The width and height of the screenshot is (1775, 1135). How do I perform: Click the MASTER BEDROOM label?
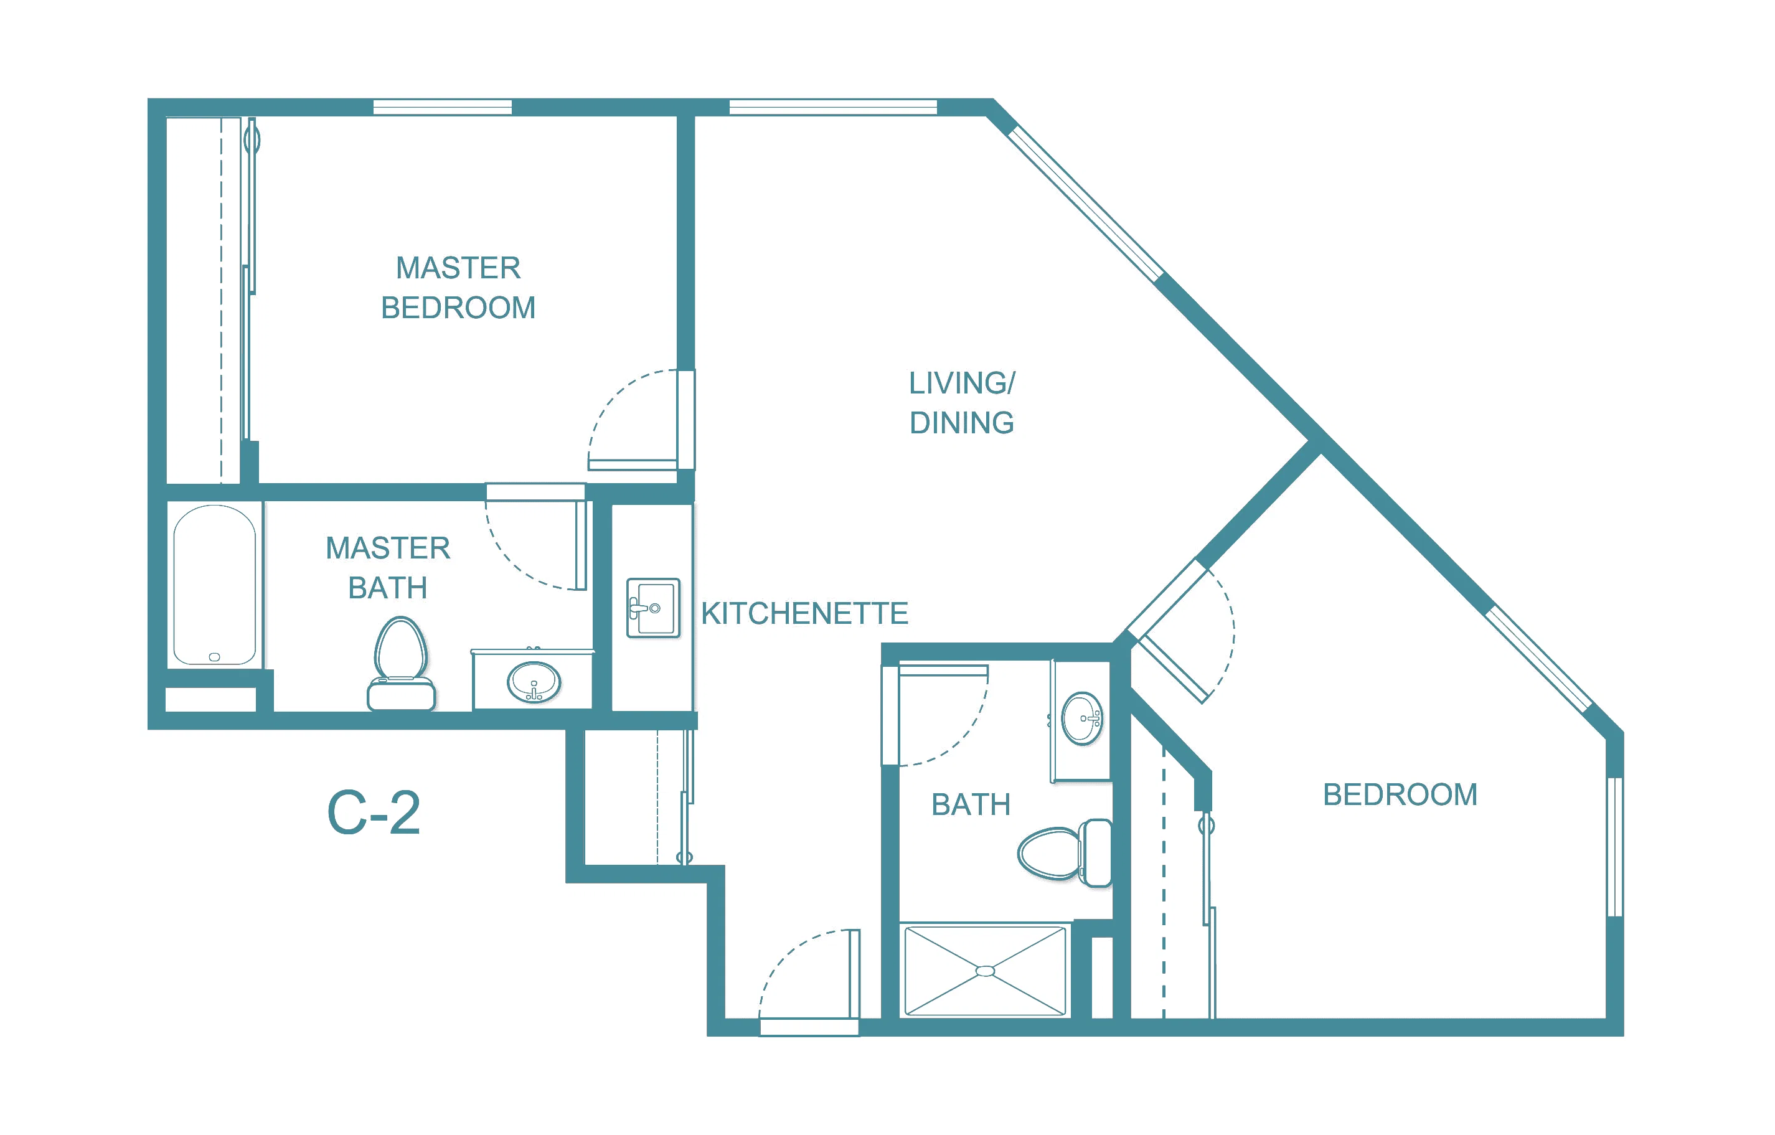(458, 288)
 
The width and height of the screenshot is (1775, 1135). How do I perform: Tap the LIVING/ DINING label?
(961, 402)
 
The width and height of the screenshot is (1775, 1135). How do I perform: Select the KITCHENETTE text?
(804, 613)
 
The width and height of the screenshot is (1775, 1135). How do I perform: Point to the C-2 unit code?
(374, 813)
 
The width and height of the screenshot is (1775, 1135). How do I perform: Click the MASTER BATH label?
(388, 568)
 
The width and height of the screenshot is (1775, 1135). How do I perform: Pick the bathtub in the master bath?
(215, 585)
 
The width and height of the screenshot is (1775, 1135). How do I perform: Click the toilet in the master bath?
(401, 664)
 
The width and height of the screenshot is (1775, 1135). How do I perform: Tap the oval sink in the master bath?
(534, 682)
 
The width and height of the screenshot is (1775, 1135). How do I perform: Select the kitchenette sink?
(653, 608)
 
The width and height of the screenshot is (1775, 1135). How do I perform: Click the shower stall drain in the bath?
(985, 971)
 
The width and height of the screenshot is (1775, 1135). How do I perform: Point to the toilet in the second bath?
(1065, 853)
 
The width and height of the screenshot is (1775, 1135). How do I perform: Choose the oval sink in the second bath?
(1082, 718)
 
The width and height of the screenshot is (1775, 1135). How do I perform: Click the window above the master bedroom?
(442, 108)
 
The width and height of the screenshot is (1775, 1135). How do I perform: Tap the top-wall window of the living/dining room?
(833, 108)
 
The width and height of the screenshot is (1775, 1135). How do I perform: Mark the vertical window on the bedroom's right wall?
(1614, 847)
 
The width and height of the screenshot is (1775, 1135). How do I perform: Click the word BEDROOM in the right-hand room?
(1400, 794)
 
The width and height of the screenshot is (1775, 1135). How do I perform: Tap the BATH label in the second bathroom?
(971, 805)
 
